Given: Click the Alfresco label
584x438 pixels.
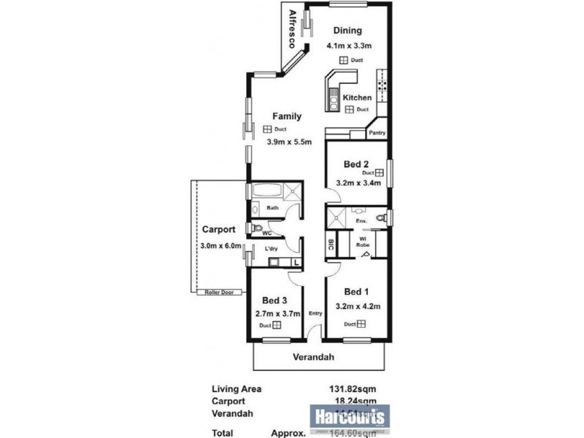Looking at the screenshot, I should tap(292, 29).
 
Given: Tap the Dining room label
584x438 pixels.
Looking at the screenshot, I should tap(347, 31).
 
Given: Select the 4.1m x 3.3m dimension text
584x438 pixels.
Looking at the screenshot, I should tap(349, 46).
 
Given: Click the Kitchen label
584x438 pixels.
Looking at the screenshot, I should tap(358, 97).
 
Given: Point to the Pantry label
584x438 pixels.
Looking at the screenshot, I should tap(377, 133).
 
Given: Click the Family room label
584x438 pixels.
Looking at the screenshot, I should tap(287, 116).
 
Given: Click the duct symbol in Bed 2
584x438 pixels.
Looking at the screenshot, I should tap(379, 173).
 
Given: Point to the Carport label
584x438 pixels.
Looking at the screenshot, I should tap(218, 228).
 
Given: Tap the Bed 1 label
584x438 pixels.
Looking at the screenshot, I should tap(356, 291).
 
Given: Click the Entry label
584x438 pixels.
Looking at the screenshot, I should tap(315, 314).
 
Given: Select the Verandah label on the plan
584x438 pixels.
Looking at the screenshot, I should tap(314, 358).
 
